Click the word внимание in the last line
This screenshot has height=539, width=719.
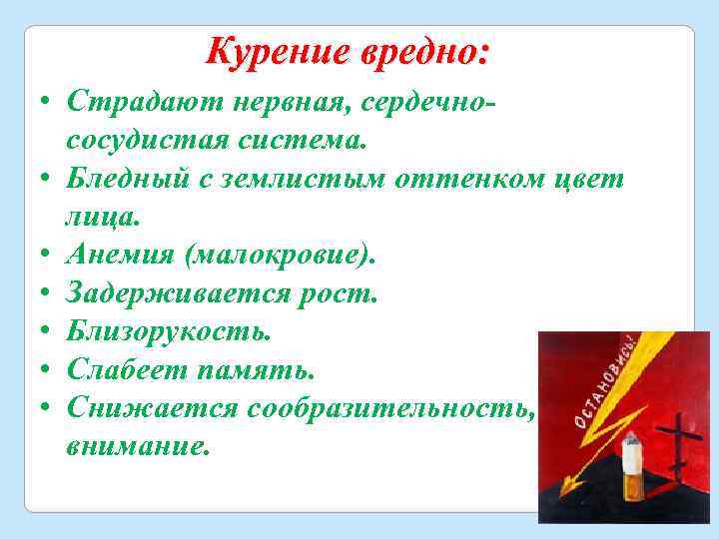click(x=138, y=445)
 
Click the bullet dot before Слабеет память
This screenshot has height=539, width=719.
click(x=47, y=370)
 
